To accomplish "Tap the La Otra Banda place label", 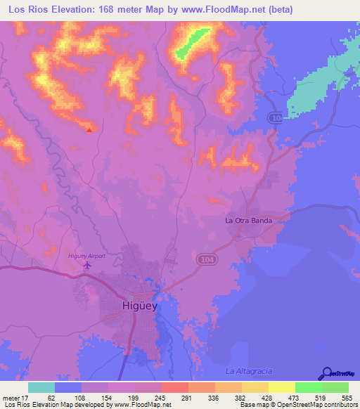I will pos(247,220).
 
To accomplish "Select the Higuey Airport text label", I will pos(86,256).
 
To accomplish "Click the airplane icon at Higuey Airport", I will pos(87,265).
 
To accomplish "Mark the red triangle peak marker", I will pos(89,129).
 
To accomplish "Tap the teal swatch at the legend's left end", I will pos(41,388).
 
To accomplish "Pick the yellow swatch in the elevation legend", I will pos(282,388).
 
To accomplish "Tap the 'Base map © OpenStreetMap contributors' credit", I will pos(297,404).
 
